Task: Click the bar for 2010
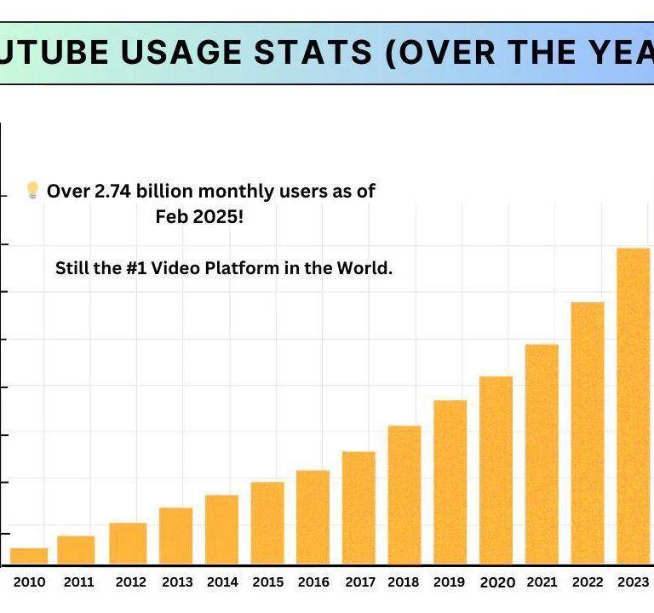coord(29,556)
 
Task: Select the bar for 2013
coord(175,536)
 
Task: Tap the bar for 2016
coord(313,517)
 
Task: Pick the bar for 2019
coord(450,482)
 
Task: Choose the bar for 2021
coord(542,454)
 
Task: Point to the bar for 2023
coord(633,406)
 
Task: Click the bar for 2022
coord(588,433)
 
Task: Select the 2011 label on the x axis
coord(78,582)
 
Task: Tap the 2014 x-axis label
coord(221,582)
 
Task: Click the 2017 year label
coord(361,582)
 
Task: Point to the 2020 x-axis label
coord(497,582)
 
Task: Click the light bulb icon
coord(32,190)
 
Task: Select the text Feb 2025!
coord(199,217)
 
